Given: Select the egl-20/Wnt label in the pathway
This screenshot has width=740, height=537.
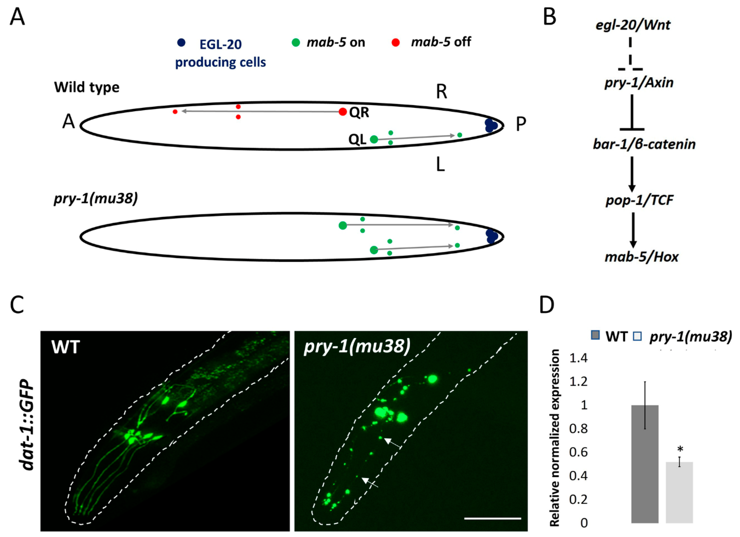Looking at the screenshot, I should (633, 25).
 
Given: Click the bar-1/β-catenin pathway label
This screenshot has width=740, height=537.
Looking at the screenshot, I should (644, 144).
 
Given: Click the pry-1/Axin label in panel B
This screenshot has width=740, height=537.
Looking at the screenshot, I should (639, 83).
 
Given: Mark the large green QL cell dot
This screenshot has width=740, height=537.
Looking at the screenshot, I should (374, 139).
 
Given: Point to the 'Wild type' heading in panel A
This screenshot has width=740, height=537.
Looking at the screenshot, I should (87, 87).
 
